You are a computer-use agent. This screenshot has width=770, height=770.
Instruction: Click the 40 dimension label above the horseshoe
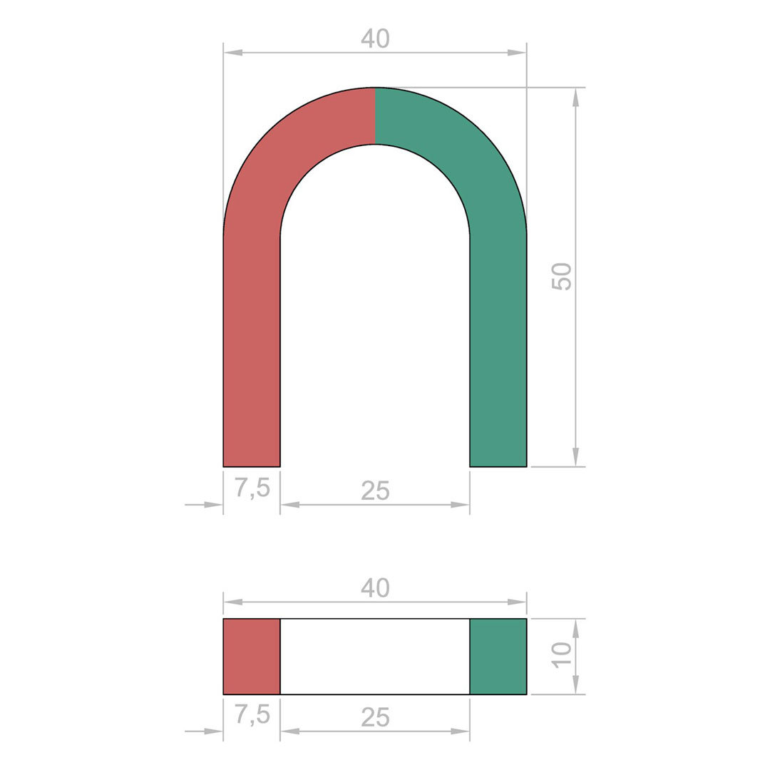coord(375,38)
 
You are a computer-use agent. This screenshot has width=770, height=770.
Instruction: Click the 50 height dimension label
coord(562,277)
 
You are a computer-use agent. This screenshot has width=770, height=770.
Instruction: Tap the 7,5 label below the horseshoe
coord(252,488)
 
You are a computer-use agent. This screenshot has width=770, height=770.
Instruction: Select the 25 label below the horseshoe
coord(375,491)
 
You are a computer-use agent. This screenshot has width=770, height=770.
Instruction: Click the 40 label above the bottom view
coord(375,587)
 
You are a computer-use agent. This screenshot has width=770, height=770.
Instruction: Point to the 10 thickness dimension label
coord(562,654)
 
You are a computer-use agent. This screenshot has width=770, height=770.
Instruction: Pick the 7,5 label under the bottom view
coord(252,715)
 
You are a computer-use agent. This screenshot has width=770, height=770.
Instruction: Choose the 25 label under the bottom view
coord(375,717)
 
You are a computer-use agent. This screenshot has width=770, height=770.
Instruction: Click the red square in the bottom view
coord(252,656)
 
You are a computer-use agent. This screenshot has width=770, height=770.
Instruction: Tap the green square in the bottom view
coord(498,656)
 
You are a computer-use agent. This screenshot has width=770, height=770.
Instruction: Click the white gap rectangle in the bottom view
coord(375,656)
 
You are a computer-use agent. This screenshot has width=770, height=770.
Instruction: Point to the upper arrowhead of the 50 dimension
coord(575,97)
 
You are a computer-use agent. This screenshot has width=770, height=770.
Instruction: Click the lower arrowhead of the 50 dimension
coord(575,457)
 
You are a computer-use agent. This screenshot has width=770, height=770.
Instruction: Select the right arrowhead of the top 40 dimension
coord(517,53)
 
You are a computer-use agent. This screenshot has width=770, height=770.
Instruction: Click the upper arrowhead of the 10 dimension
coord(575,627)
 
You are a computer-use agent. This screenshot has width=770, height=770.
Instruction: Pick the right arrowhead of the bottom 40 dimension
coord(517,602)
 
